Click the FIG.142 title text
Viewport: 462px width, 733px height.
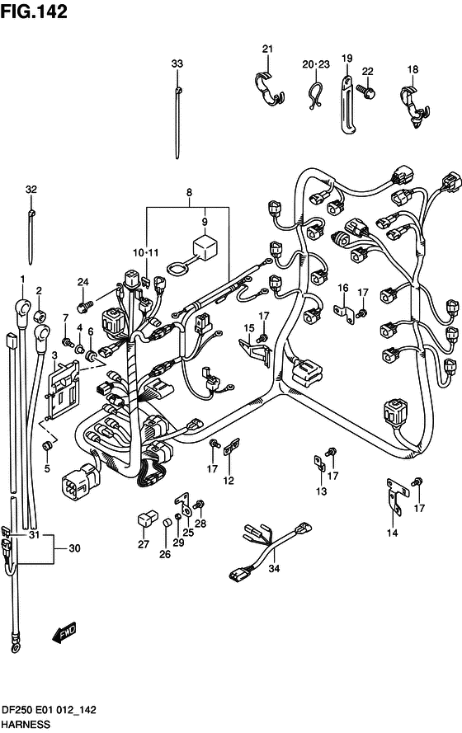coord(34,12)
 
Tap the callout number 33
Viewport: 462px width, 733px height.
coord(177,63)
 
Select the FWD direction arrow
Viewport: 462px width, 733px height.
coord(64,633)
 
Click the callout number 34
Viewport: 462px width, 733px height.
coord(274,568)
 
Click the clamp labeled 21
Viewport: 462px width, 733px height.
coord(269,88)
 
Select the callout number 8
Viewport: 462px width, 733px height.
coord(190,192)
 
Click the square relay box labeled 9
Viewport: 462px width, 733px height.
coord(205,247)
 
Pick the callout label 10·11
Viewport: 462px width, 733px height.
coord(145,253)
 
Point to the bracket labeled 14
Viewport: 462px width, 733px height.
coord(396,496)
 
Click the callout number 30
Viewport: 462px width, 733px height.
coord(74,547)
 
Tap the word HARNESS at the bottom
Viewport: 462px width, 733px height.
coord(26,725)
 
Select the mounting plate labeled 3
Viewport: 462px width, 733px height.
coord(62,389)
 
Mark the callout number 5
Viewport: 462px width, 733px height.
coord(47,468)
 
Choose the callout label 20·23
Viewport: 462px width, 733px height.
coord(316,64)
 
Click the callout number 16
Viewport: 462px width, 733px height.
coord(343,288)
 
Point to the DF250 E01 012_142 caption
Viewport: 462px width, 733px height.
coord(49,710)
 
